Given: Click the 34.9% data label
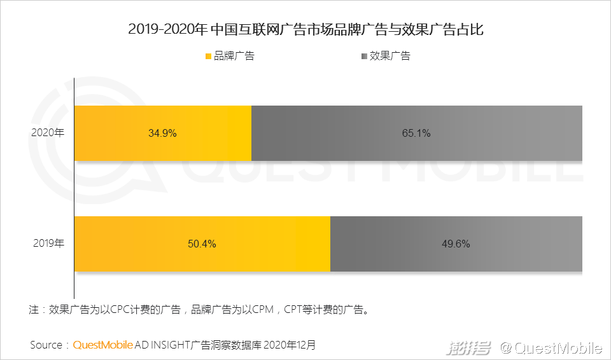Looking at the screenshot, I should [162, 134].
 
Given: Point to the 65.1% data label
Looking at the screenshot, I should [417, 134].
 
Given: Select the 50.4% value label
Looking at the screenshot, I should [202, 244].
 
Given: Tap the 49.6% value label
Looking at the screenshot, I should [456, 244].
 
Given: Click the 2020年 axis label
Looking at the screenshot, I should [48, 134].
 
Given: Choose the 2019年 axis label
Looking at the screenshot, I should [48, 244].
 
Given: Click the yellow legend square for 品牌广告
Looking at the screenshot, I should [207, 56].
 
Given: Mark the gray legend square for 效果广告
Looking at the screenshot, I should [364, 56].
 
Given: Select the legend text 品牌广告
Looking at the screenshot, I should [234, 56].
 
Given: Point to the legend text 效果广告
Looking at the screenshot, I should [390, 56].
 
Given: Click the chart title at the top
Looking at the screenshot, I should [305, 29].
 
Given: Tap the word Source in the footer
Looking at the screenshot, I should [46, 345].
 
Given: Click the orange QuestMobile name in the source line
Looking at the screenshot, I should [102, 345].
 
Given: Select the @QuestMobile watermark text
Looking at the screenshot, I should [551, 348].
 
